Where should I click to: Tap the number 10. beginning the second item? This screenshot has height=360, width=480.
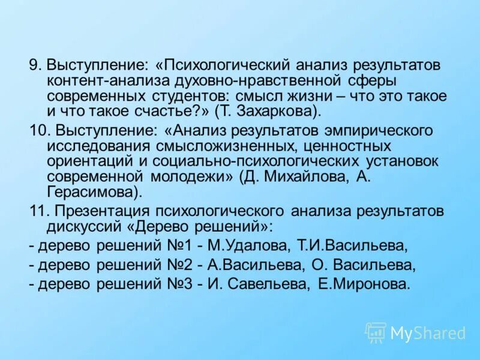point(40,130)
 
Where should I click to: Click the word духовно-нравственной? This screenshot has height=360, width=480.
point(266,80)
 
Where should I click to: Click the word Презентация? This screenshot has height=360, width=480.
point(102,211)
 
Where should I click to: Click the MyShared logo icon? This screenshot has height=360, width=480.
point(376,332)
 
